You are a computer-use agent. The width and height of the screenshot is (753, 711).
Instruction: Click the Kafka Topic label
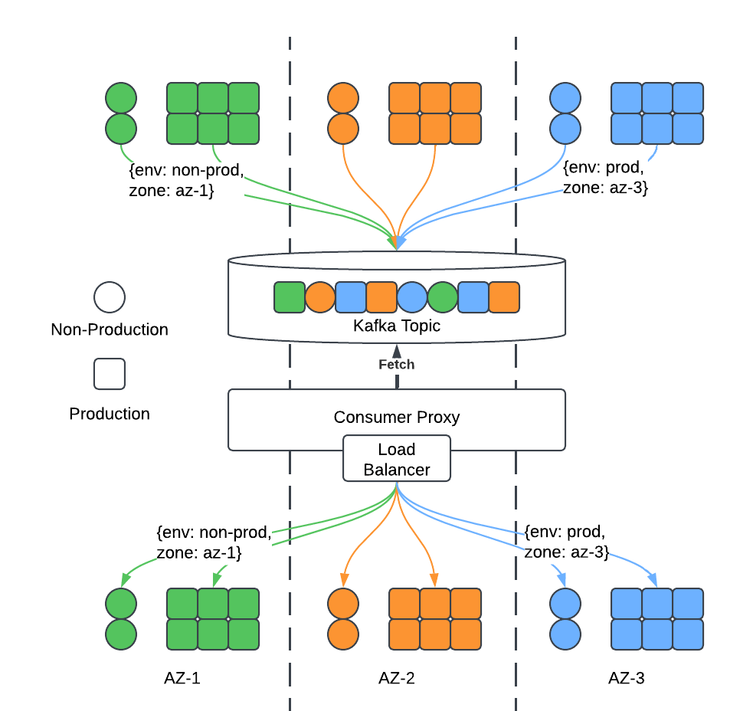pos(396,326)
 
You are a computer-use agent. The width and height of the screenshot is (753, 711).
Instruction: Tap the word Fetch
pos(396,365)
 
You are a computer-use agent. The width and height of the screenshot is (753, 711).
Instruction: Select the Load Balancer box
pos(396,459)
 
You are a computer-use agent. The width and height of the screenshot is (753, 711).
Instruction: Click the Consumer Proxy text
pos(396,418)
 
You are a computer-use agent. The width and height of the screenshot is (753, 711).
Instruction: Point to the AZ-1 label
pos(182,678)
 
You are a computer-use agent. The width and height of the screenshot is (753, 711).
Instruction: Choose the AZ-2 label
pos(397,678)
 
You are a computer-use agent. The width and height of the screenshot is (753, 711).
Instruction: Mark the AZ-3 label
pos(626,678)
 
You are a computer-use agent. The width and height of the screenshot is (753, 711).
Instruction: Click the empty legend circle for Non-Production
pos(110,297)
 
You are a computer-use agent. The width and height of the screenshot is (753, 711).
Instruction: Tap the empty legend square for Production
pos(110,374)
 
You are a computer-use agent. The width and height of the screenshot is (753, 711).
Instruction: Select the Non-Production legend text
pos(110,330)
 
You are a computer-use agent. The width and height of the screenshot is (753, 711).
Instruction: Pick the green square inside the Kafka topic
pos(290,297)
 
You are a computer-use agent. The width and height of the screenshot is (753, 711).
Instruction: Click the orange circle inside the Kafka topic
pos(320,297)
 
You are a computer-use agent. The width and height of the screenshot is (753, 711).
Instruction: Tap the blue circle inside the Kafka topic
pos(412,297)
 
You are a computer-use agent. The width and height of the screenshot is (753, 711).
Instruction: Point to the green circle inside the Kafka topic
pos(443,297)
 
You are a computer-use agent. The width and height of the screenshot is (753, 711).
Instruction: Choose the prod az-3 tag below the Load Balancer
pos(567,541)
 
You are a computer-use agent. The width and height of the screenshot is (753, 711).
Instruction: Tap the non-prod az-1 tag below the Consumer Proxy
pos(213,542)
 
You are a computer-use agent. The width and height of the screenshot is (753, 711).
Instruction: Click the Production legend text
pos(110,414)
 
